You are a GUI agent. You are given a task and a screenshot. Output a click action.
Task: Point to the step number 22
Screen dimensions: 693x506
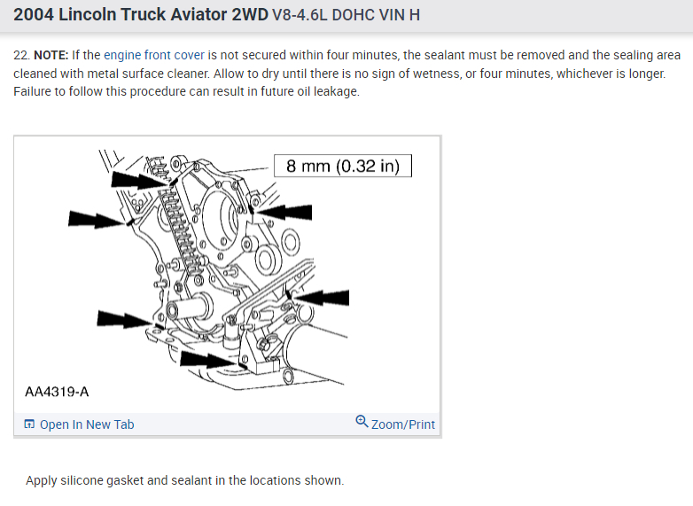(20, 55)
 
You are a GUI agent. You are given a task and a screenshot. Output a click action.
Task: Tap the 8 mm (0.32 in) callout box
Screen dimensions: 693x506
(342, 166)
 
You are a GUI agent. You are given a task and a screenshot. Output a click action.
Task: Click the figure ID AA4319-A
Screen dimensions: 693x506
(57, 391)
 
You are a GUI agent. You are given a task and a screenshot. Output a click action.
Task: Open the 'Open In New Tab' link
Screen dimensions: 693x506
(87, 424)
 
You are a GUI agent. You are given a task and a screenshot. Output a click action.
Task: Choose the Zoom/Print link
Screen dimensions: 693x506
(403, 424)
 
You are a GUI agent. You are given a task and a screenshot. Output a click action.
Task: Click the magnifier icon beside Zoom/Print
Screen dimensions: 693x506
(362, 423)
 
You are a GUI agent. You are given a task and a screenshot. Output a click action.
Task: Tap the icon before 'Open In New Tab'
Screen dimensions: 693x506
(29, 424)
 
